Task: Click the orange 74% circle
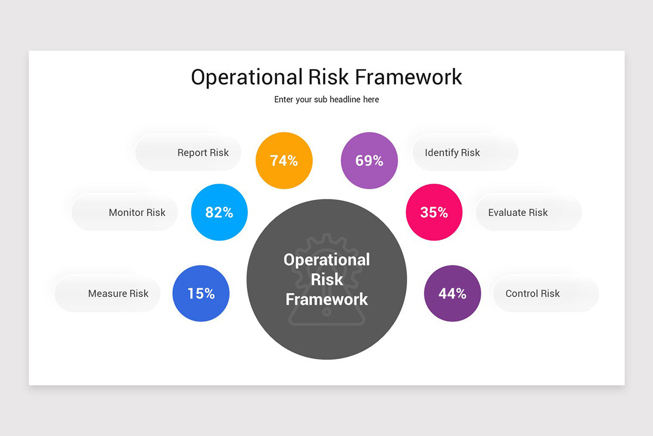(x=284, y=161)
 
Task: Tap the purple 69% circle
(x=369, y=161)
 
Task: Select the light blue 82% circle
(x=219, y=213)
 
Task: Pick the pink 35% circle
(x=434, y=213)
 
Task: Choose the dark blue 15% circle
(x=201, y=293)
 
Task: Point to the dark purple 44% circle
(x=452, y=293)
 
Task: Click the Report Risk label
(x=203, y=153)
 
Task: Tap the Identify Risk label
(x=452, y=153)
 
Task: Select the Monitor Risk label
(x=137, y=213)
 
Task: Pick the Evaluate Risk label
(x=518, y=213)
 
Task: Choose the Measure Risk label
(x=118, y=293)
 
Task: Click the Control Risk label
(x=532, y=293)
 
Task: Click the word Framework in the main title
(x=408, y=77)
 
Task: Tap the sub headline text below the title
(x=326, y=100)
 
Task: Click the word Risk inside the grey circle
(x=326, y=279)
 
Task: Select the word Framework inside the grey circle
(x=326, y=299)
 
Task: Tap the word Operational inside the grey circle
(x=326, y=259)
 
